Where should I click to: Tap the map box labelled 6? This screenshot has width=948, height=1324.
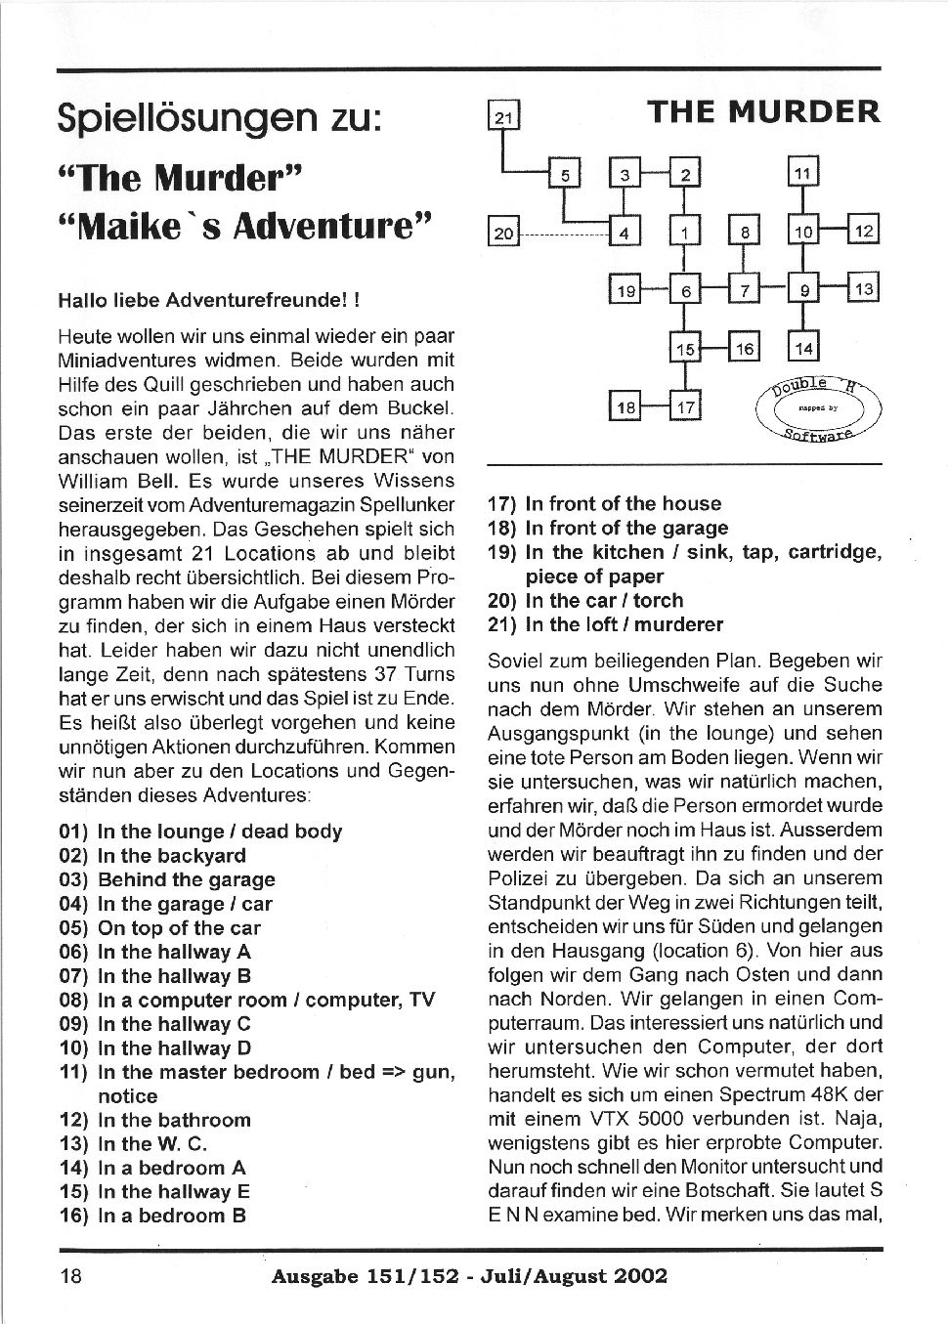click(685, 290)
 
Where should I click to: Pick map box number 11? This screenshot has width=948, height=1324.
click(802, 174)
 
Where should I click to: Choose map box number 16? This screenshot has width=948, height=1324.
click(745, 347)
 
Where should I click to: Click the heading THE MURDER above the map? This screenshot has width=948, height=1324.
click(764, 111)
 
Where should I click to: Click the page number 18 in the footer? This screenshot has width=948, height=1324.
click(72, 1275)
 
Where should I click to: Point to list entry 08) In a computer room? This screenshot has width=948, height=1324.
click(246, 1000)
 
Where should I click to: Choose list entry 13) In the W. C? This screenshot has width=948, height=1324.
click(133, 1143)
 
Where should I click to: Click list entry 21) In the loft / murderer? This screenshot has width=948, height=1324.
click(605, 624)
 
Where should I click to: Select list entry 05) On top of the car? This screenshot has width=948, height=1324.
click(159, 928)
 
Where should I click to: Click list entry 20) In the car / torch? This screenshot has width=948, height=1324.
click(584, 600)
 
